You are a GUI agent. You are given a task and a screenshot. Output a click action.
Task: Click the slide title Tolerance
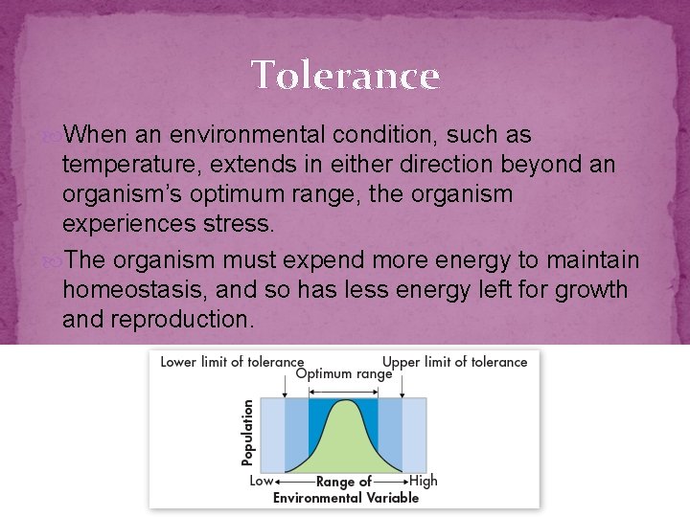(x=345, y=75)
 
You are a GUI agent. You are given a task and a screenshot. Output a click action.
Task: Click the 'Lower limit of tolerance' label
(x=232, y=362)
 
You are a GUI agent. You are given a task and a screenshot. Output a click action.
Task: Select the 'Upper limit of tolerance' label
(x=455, y=362)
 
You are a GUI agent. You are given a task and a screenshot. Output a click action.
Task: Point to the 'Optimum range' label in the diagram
(x=344, y=374)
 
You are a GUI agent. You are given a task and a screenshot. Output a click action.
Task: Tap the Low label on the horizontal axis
(x=261, y=481)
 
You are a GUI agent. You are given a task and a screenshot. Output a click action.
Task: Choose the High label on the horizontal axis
(x=423, y=481)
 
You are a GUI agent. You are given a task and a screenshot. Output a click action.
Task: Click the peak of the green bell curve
(x=343, y=401)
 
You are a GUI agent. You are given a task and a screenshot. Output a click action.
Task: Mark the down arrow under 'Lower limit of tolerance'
(x=285, y=385)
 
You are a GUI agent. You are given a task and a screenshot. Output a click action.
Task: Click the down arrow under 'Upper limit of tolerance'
(x=402, y=385)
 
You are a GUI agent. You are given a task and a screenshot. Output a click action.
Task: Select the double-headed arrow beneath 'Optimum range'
(x=343, y=390)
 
